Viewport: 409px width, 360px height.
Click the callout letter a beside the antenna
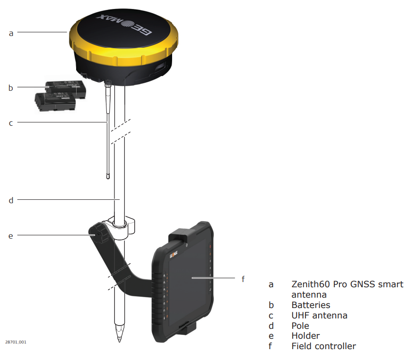click(x=11, y=33)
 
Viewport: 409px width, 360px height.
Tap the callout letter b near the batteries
click(x=11, y=87)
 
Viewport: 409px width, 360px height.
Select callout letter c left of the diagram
click(x=11, y=123)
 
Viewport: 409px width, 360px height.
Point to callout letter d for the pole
click(x=11, y=200)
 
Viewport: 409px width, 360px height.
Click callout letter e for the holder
click(x=11, y=235)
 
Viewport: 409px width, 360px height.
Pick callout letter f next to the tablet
click(x=243, y=279)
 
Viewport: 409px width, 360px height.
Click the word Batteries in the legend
click(x=311, y=305)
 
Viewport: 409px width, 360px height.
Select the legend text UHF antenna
click(x=319, y=315)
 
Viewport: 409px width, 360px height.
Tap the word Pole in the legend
click(x=300, y=326)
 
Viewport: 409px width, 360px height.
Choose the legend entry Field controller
click(x=323, y=346)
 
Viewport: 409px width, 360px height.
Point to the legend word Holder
click(x=305, y=336)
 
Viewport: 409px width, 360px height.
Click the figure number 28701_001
click(x=16, y=342)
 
